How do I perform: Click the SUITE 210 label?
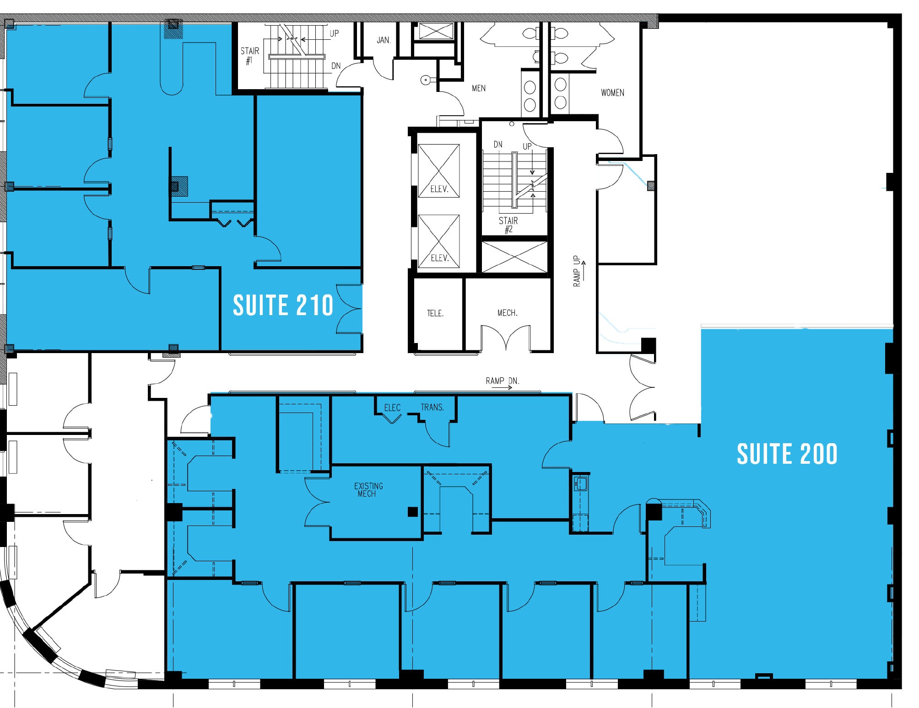(x=283, y=306)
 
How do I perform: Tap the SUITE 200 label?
(x=787, y=454)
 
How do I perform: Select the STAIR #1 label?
(x=250, y=55)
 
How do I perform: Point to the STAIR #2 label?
(x=508, y=225)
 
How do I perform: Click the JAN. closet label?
(x=384, y=40)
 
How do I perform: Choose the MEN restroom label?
(x=479, y=88)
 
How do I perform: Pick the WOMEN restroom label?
(x=612, y=93)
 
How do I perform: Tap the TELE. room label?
(x=435, y=313)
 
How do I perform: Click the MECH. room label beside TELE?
(x=507, y=313)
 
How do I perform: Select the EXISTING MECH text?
(x=368, y=489)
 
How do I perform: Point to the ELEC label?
(x=392, y=408)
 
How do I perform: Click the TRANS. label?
(x=432, y=407)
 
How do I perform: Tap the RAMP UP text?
(x=577, y=271)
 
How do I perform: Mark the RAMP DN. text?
(x=502, y=381)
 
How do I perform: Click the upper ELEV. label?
(x=439, y=189)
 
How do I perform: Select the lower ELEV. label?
(x=439, y=258)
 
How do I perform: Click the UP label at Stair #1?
(x=335, y=33)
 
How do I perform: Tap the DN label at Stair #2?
(x=498, y=145)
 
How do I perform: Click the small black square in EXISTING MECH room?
(x=413, y=511)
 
